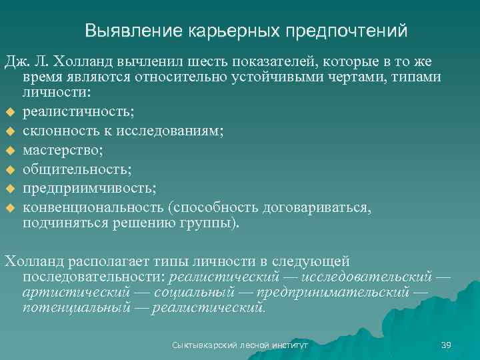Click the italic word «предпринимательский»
(x=333, y=292)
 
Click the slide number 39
(x=446, y=345)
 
